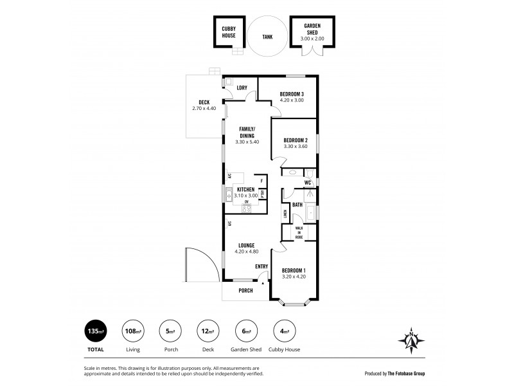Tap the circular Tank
point(267,37)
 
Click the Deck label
point(204,102)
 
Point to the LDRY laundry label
point(242,88)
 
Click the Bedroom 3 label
point(291,94)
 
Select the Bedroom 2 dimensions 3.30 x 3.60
point(296,147)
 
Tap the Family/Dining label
point(247,132)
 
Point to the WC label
point(308,183)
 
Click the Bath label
point(297,205)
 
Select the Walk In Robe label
point(299,232)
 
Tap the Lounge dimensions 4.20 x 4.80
point(247,252)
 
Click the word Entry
point(261,266)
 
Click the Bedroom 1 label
point(294,270)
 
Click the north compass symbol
point(411,337)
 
